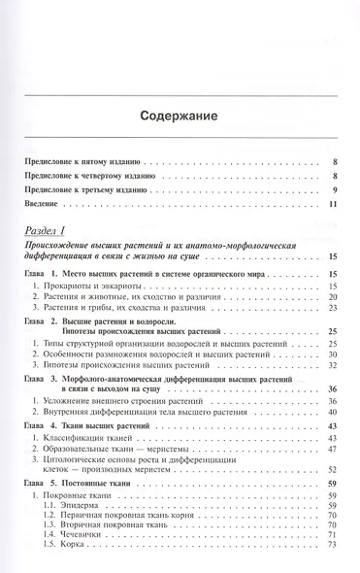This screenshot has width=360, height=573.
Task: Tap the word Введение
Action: click(x=43, y=205)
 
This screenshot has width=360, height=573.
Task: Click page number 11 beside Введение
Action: click(x=332, y=205)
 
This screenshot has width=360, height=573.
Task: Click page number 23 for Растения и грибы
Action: click(x=332, y=309)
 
